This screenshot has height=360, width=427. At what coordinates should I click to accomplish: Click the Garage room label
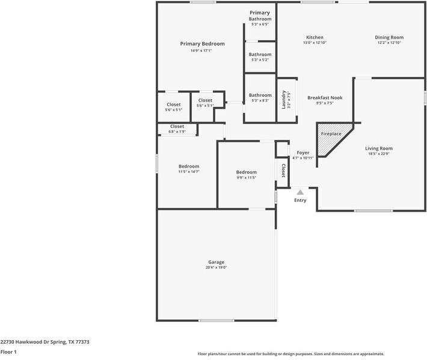(217, 262)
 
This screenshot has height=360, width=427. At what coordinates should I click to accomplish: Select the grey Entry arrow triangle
(300, 192)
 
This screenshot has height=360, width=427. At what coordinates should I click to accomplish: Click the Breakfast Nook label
(325, 97)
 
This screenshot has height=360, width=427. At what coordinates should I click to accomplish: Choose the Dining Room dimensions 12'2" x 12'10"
(389, 43)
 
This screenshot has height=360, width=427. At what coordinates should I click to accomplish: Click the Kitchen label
(315, 37)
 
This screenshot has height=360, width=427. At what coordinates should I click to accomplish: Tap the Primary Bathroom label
(260, 16)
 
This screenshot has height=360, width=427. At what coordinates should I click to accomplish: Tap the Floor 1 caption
(8, 352)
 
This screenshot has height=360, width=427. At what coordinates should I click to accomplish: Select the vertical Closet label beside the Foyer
(283, 171)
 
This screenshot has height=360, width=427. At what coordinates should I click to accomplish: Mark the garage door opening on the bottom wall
(217, 320)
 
